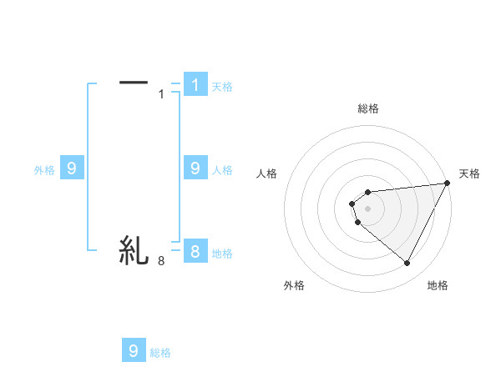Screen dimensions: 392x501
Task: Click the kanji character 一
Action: click(134, 83)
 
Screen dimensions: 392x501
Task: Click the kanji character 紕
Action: click(134, 249)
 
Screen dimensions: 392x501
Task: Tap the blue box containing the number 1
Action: click(195, 84)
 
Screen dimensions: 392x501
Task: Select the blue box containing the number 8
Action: click(195, 251)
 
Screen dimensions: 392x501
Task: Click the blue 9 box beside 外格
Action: click(72, 168)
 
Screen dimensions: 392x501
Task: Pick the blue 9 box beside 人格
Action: click(195, 168)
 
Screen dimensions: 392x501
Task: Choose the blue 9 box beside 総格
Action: click(134, 351)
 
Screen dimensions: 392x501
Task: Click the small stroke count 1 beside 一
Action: click(162, 94)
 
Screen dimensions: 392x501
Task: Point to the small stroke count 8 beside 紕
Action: click(161, 261)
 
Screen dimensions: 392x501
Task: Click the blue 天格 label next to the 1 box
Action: click(222, 87)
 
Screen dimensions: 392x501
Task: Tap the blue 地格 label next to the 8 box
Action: click(222, 254)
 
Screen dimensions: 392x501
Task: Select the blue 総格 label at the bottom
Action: click(160, 354)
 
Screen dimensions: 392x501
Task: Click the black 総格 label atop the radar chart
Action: click(368, 108)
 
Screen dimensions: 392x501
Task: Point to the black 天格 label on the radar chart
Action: click(469, 173)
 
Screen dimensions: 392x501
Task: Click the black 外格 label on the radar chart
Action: click(294, 285)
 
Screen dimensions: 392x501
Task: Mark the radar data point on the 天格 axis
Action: click(448, 183)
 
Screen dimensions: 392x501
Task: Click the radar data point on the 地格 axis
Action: click(407, 264)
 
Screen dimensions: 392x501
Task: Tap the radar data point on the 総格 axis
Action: click(367, 193)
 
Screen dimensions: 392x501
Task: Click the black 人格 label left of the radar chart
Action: click(267, 173)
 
